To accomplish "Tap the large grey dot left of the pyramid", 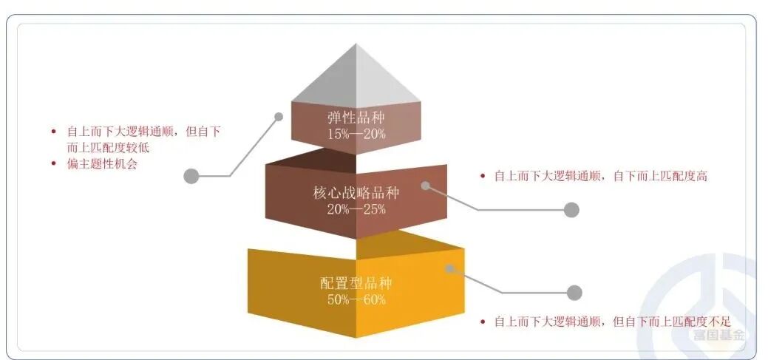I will click(x=191, y=176).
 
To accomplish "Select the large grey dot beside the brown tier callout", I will click(x=571, y=210).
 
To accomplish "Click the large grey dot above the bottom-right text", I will click(x=574, y=293).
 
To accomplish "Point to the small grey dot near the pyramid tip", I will click(x=279, y=116).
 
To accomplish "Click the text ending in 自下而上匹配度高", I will click(x=600, y=177).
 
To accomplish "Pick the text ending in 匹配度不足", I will click(x=611, y=322).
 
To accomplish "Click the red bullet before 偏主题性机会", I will click(x=53, y=164).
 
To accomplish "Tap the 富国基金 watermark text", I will click(x=718, y=335).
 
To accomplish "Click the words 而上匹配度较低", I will click(x=113, y=147).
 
